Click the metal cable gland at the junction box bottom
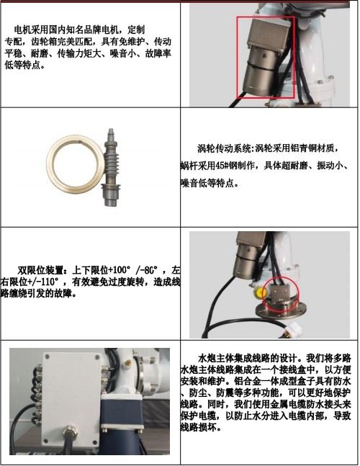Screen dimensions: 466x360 click(72, 437)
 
